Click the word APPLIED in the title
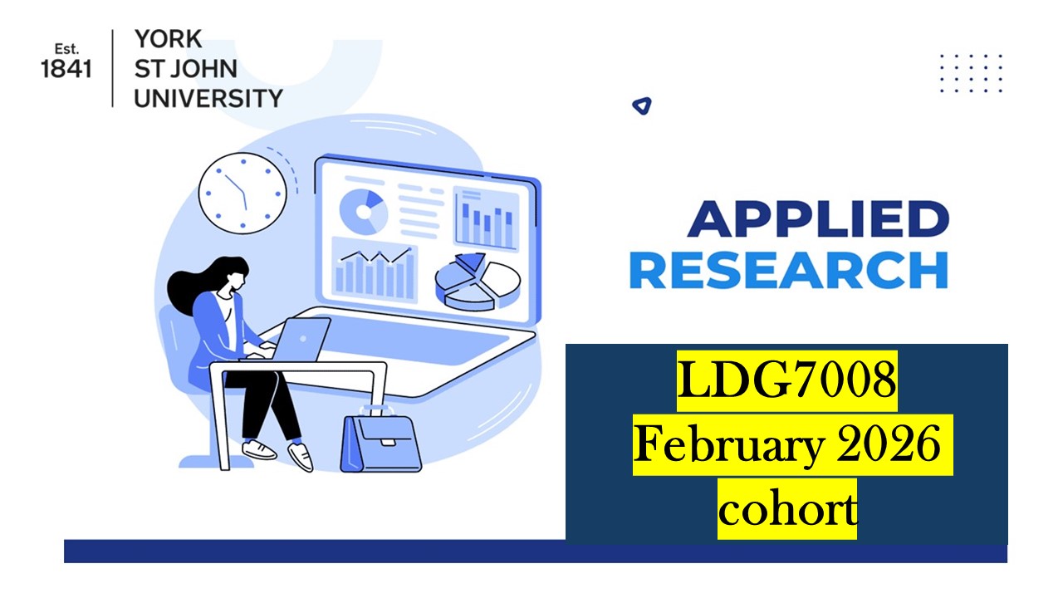[x=818, y=219]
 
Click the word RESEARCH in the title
[x=788, y=270]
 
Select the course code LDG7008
[x=786, y=382]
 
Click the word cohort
[x=786, y=509]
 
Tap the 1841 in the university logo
[x=66, y=70]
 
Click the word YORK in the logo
[x=167, y=39]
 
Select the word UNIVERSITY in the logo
[x=208, y=98]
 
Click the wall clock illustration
[x=242, y=194]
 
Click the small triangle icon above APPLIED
[x=641, y=105]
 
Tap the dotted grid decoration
[x=971, y=73]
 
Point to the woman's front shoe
[x=300, y=456]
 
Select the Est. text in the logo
[x=66, y=49]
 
